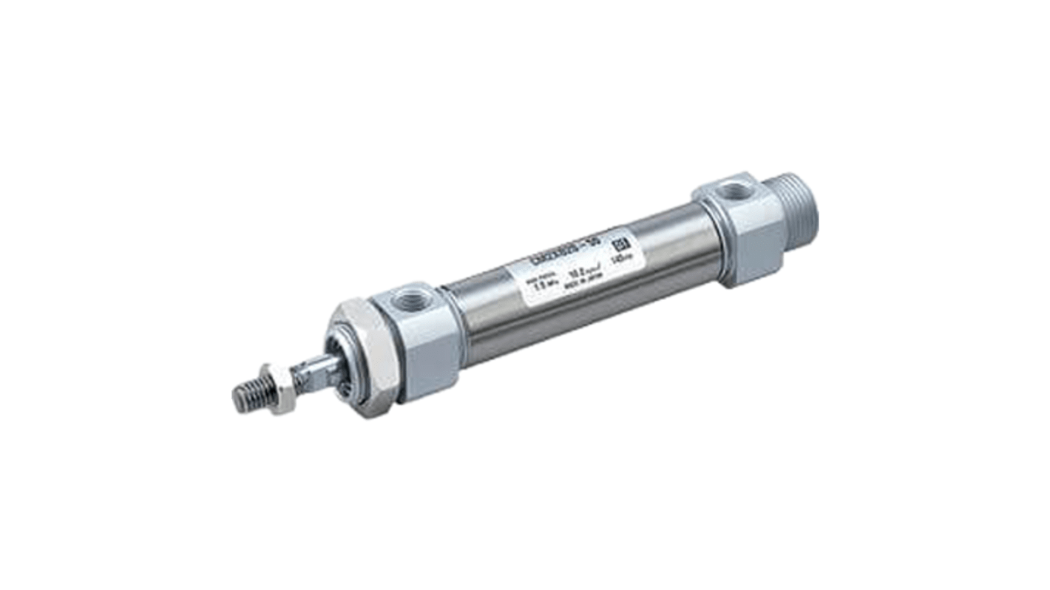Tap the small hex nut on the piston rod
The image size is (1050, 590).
pyautogui.click(x=280, y=390)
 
